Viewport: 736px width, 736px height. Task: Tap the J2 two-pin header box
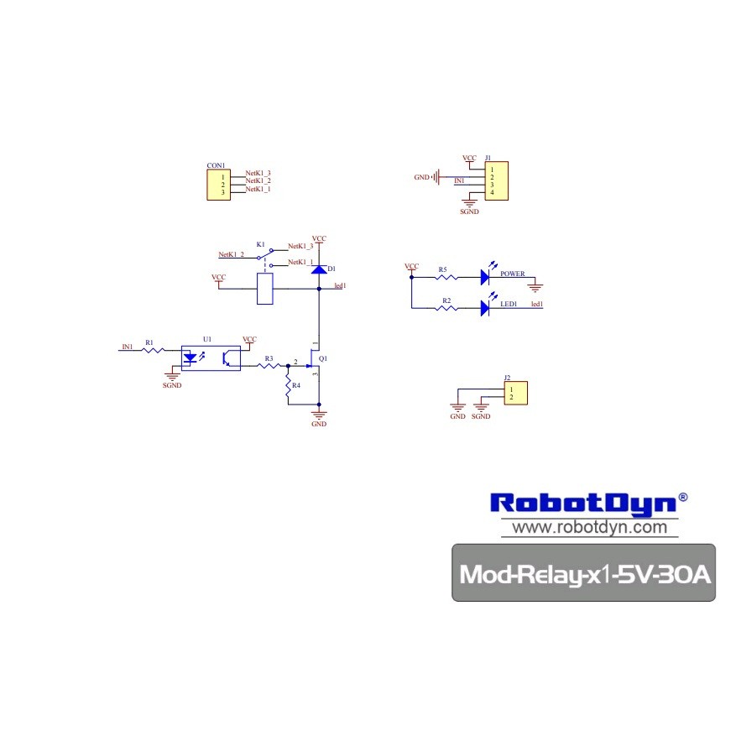pos(515,394)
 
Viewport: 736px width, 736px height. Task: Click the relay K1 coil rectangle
pos(264,290)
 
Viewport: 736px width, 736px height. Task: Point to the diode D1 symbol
pos(319,269)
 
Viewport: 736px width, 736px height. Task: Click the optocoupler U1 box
pos(211,357)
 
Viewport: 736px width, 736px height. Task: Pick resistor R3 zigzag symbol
pos(269,365)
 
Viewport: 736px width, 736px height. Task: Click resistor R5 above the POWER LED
pos(445,275)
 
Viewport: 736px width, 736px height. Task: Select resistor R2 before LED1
pos(446,307)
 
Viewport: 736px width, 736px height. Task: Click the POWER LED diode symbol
pos(486,275)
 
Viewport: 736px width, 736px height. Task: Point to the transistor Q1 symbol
pos(315,361)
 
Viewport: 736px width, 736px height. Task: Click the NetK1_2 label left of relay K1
pos(231,254)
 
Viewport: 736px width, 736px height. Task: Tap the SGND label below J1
pos(469,212)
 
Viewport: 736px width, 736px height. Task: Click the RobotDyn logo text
pos(582,503)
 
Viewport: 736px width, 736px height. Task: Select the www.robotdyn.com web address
pos(589,528)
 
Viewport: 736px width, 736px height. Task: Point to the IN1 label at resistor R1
pos(128,347)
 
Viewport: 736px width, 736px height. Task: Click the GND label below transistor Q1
pos(319,424)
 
